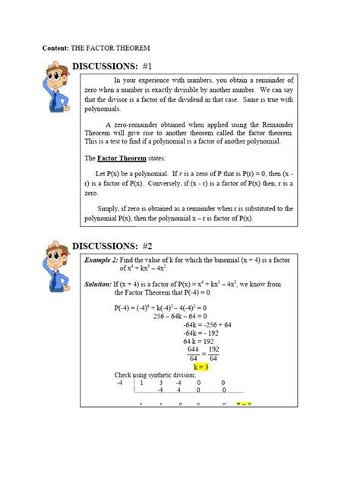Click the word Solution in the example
[x=93, y=283]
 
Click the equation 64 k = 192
[x=201, y=342]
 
